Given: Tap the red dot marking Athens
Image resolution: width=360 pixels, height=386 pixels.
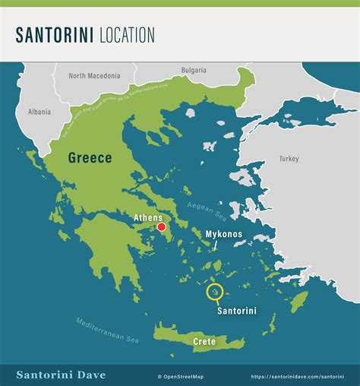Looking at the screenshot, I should (x=161, y=226).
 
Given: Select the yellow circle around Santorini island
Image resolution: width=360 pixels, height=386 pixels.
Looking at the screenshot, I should (x=215, y=292).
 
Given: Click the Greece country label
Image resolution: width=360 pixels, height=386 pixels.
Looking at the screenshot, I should (x=90, y=158).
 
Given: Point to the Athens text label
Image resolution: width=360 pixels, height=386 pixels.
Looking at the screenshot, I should (x=148, y=217).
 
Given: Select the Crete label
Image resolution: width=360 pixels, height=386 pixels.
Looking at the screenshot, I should (x=204, y=342).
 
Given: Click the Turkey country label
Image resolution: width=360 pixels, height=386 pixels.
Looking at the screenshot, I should (x=289, y=159).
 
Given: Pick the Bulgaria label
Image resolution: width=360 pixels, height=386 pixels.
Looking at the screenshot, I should (x=194, y=71).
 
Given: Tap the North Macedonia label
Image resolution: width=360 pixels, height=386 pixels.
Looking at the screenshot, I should (x=94, y=76).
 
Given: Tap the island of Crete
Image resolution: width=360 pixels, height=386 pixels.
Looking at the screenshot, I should (x=182, y=333).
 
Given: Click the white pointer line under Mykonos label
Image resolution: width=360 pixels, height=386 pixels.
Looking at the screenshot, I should (x=215, y=245).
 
